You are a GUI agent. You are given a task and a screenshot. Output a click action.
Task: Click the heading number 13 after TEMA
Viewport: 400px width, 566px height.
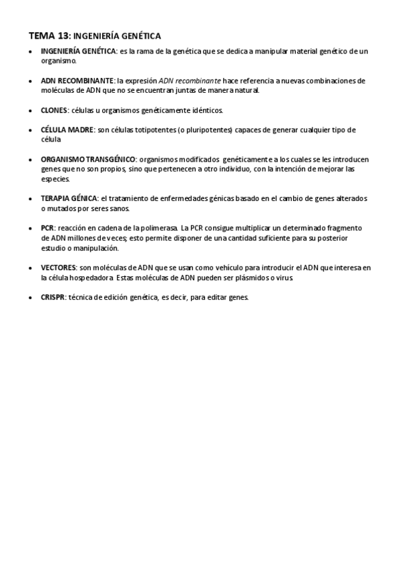62,35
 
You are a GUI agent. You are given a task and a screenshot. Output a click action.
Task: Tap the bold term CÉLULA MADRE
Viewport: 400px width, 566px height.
67,129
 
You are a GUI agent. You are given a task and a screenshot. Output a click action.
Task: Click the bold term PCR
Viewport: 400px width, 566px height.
47,228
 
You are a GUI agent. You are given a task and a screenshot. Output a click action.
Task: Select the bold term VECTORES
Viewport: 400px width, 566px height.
58,268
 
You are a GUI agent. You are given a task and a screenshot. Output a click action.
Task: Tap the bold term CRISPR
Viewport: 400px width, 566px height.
53,298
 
